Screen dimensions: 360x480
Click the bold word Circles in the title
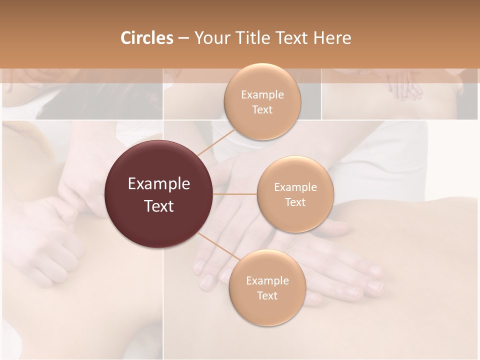(x=146, y=38)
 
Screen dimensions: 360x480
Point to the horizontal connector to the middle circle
(x=235, y=194)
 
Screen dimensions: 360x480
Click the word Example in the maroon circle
(x=159, y=184)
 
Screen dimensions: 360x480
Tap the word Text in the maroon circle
(x=159, y=206)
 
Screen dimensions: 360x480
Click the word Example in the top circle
(x=262, y=95)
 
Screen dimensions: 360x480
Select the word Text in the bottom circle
(x=267, y=295)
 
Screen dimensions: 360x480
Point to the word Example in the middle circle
(x=295, y=187)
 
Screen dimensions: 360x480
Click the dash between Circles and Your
(x=183, y=38)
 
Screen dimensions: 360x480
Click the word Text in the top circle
(x=262, y=110)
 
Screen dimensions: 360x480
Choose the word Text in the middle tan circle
(x=295, y=202)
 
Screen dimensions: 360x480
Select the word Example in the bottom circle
(x=267, y=281)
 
